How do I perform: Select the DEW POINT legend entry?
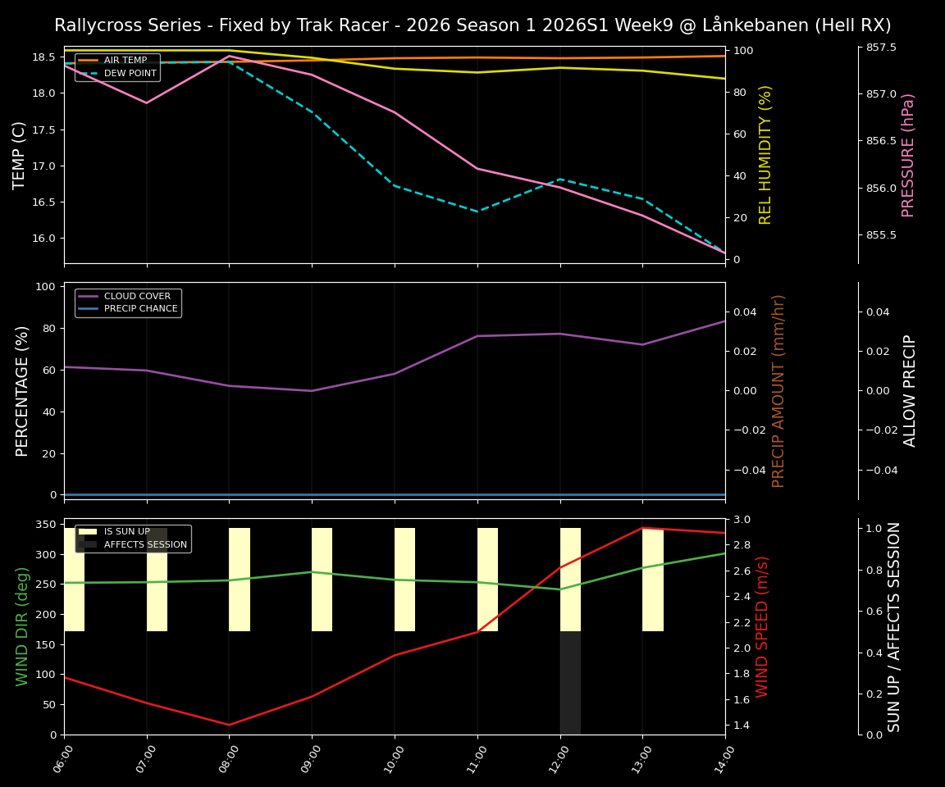click(x=130, y=73)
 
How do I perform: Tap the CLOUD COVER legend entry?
click(x=137, y=296)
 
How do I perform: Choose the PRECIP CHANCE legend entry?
click(x=140, y=309)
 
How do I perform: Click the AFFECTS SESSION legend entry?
click(x=145, y=544)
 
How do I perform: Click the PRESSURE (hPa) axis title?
click(x=908, y=155)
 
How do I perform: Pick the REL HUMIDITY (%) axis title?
click(x=765, y=155)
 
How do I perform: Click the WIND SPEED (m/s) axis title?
click(x=763, y=626)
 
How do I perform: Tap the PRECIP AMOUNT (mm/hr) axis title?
click(x=778, y=391)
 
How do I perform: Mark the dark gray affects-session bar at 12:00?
click(x=570, y=682)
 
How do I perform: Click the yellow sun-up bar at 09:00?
click(x=322, y=579)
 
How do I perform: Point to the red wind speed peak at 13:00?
click(x=642, y=528)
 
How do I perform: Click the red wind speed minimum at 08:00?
click(x=229, y=725)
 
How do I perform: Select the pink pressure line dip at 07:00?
click(x=147, y=102)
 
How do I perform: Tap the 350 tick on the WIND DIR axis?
click(x=46, y=524)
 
